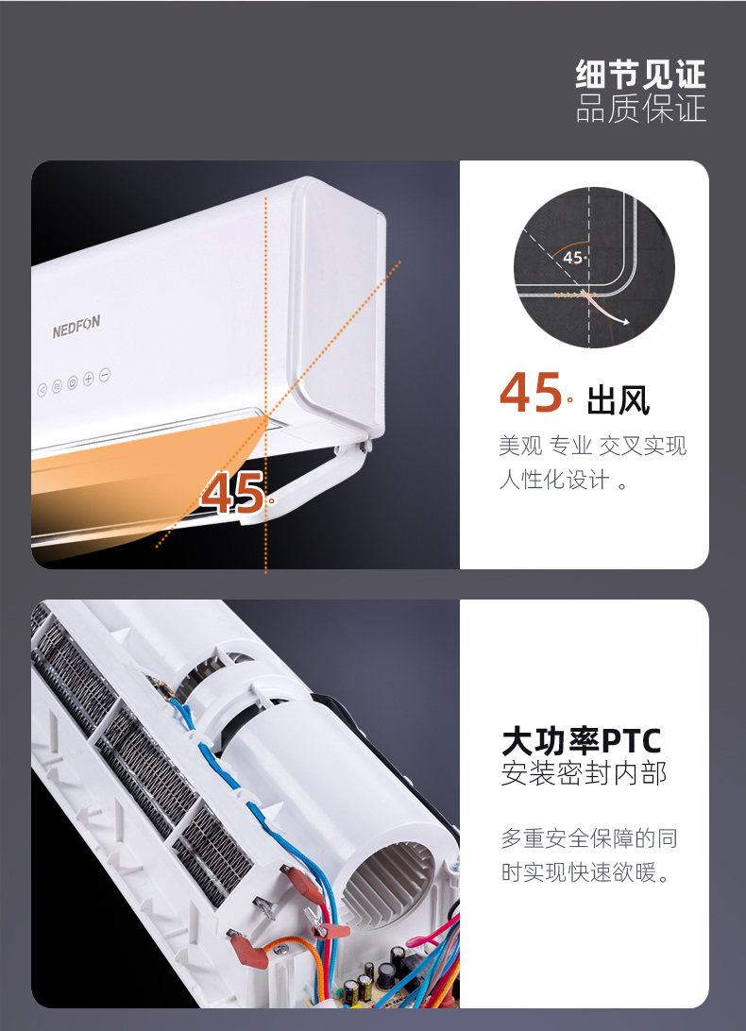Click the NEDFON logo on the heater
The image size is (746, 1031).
tap(76, 327)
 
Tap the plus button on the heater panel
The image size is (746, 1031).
tap(88, 378)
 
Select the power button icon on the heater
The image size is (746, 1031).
tap(73, 382)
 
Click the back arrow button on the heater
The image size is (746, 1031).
tap(42, 390)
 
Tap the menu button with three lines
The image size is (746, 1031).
tap(58, 386)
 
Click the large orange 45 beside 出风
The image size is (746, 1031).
tap(530, 393)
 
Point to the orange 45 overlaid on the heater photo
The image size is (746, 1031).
tap(232, 493)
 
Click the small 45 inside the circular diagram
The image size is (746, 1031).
tap(572, 258)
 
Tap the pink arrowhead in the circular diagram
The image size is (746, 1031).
tap(625, 322)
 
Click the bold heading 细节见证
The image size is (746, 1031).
tap(641, 74)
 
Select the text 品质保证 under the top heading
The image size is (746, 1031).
tap(641, 109)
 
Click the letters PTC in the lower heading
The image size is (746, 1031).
tap(632, 742)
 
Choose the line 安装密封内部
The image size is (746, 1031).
tap(585, 773)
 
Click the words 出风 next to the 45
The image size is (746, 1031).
tap(618, 399)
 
